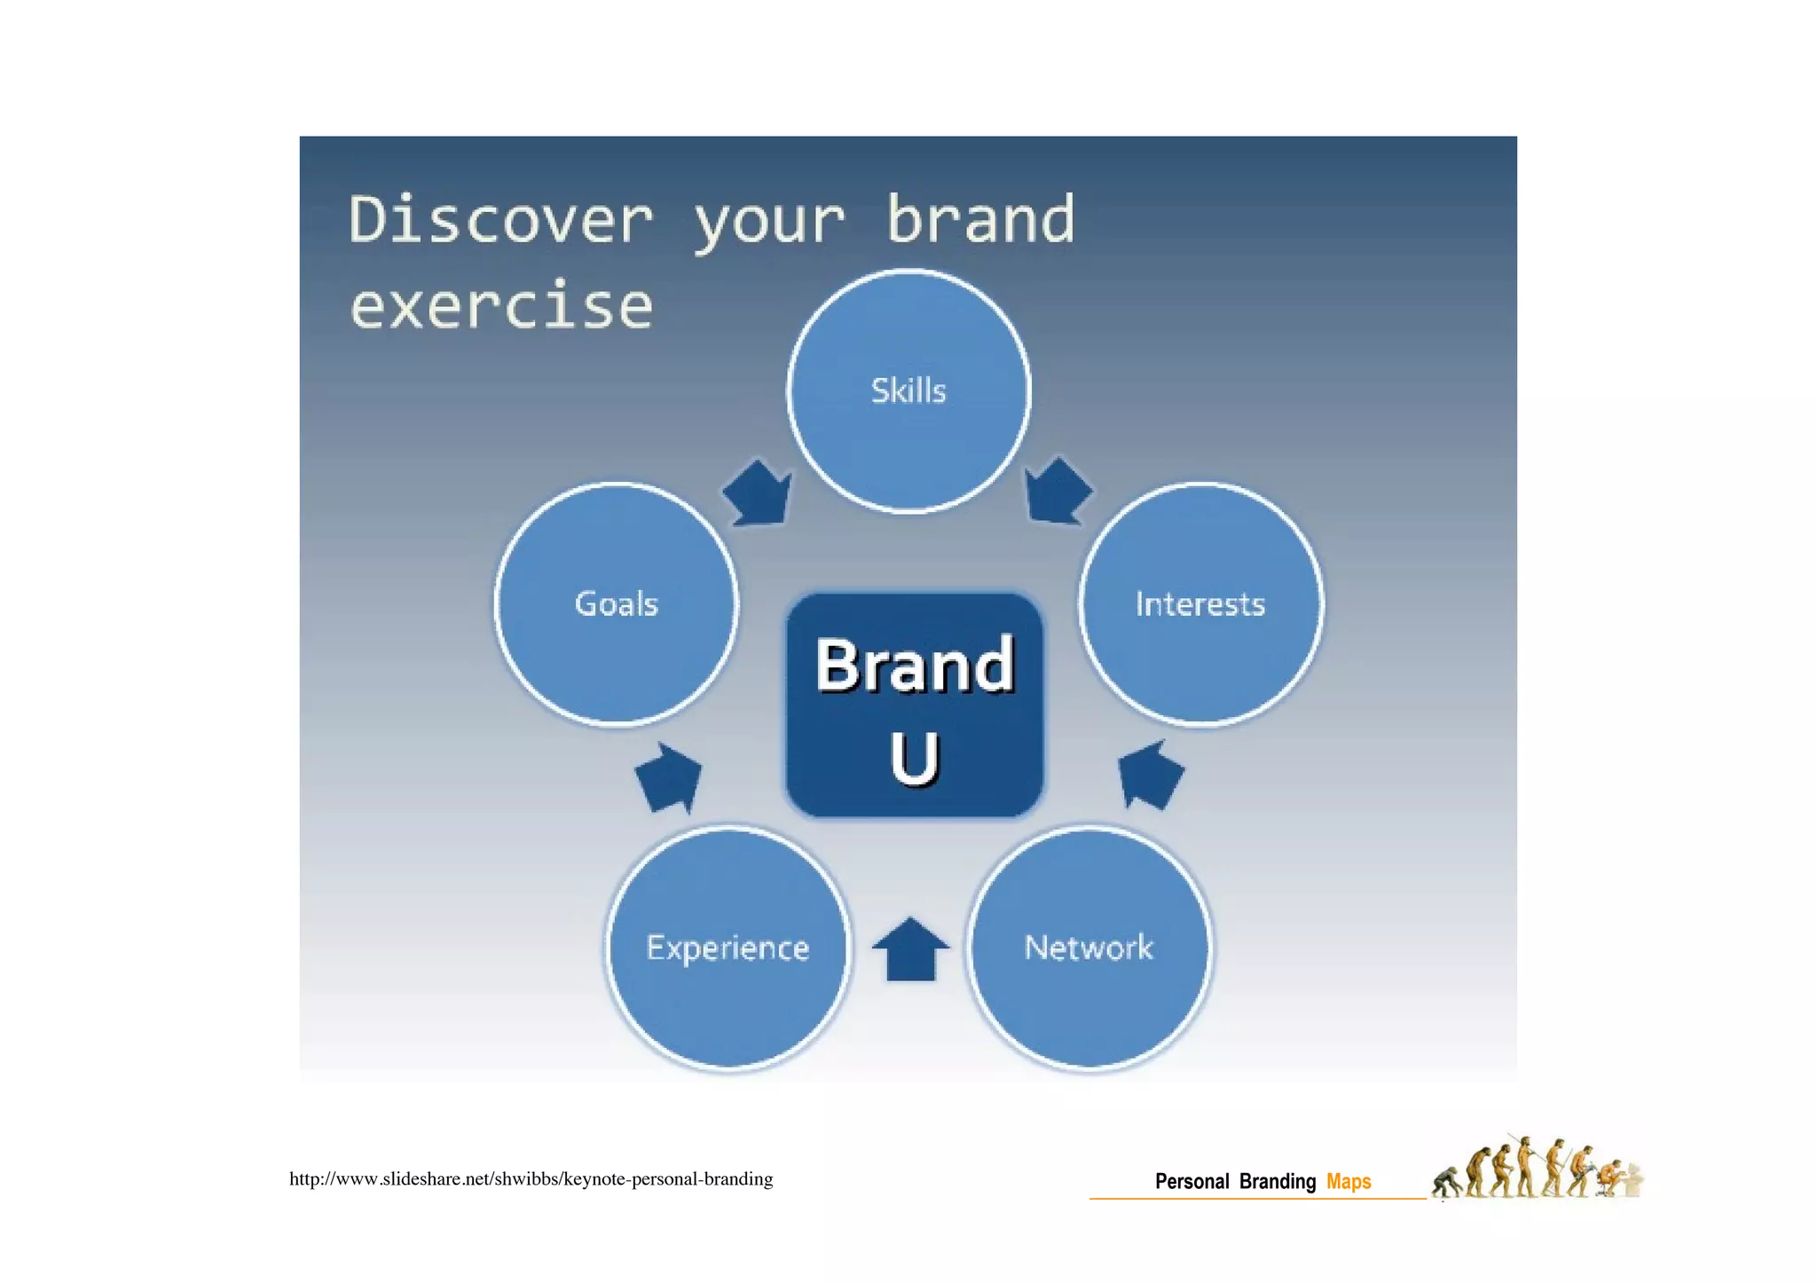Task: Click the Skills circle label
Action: [908, 391]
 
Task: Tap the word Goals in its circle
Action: [616, 604]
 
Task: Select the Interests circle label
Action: [1200, 604]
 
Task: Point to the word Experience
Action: [728, 948]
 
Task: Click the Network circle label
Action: [1089, 948]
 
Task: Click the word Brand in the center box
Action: [914, 665]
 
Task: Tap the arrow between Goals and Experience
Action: [670, 778]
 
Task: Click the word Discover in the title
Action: [500, 220]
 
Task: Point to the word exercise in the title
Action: [501, 306]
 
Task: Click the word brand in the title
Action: [980, 220]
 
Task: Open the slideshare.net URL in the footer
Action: [531, 1179]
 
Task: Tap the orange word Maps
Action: [1348, 1182]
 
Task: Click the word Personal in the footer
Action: [1192, 1182]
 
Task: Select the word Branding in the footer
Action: [1277, 1182]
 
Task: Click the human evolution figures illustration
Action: [1537, 1170]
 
